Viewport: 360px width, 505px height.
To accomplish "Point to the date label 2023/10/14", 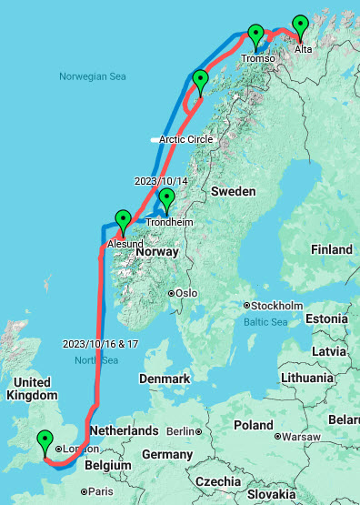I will click(160, 180).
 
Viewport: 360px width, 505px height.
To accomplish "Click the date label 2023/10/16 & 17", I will click(101, 345).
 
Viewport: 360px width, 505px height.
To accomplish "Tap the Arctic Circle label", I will click(186, 139).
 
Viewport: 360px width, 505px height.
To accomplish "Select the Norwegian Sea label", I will click(90, 77).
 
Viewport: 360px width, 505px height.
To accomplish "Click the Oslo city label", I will click(185, 293).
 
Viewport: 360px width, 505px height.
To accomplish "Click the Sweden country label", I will click(233, 192).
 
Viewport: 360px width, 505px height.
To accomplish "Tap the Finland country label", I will click(331, 249).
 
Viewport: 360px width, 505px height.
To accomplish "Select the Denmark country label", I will click(165, 379).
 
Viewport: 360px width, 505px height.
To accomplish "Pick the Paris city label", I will click(100, 491).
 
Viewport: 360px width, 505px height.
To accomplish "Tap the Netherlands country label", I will click(123, 429).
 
